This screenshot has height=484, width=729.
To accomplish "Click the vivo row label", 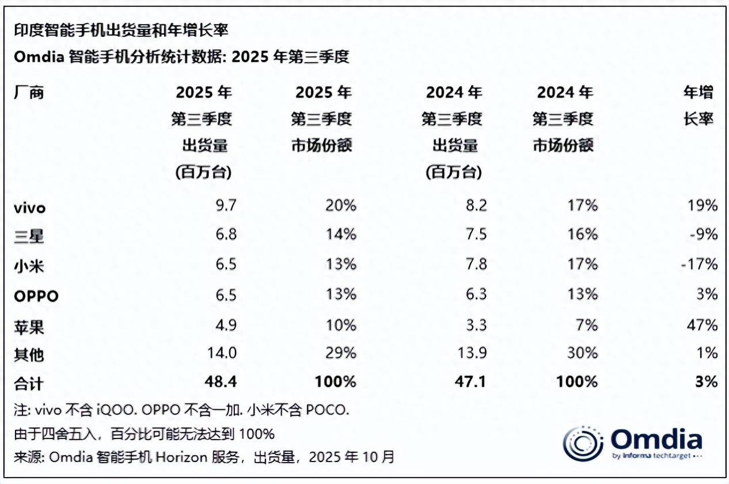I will coord(31,207).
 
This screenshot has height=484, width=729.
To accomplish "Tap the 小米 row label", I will coord(29,266).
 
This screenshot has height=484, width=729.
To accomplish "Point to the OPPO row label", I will coord(36,296).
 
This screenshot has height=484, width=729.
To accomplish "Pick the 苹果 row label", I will coord(29,326).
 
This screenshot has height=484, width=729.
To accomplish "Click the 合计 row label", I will coord(29,383).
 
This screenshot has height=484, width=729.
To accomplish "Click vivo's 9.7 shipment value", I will coord(223,205).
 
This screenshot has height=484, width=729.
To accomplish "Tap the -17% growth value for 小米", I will coord(700,264).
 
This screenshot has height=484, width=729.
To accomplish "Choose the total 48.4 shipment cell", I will coord(219,381).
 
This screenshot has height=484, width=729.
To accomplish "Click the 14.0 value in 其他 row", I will coord(219,352).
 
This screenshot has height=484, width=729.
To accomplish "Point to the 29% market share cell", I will coord(340,352).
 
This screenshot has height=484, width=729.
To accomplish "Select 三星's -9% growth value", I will coord(703,235).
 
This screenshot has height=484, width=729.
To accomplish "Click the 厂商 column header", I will coord(29,92).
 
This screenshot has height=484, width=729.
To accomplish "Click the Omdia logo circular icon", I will coord(583,444).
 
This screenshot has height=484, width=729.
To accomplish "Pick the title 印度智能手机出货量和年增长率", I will coord(124,31).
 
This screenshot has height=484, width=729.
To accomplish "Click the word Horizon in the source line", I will coord(188,457).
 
